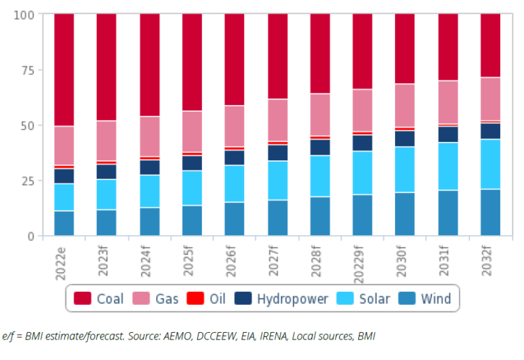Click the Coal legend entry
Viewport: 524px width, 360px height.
pos(100,299)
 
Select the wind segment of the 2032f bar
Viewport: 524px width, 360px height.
pos(491,213)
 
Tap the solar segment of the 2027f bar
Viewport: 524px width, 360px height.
pos(278,180)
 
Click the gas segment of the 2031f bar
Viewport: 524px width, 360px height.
pos(448,102)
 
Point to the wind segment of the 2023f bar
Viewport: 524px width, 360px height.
pos(106,223)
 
